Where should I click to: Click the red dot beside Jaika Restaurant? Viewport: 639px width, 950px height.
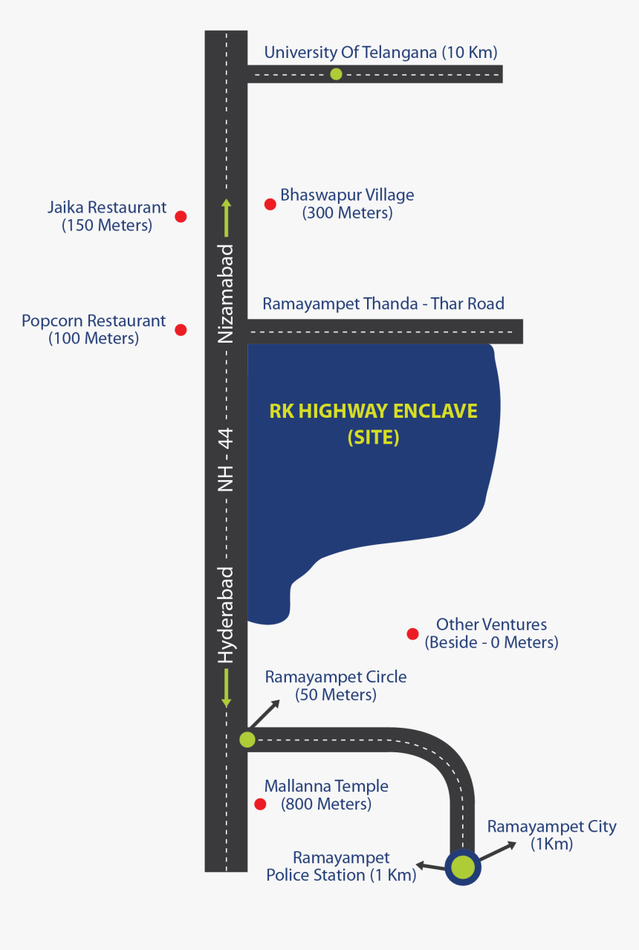click(x=181, y=216)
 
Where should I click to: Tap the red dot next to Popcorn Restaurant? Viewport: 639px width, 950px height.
click(x=181, y=329)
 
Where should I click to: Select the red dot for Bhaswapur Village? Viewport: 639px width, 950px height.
click(x=270, y=204)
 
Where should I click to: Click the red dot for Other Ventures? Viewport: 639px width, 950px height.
click(x=412, y=633)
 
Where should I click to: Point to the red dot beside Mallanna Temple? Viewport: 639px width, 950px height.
click(x=260, y=804)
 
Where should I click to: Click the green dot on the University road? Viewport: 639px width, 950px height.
click(x=336, y=74)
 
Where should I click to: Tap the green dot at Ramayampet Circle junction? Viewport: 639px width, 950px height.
click(x=247, y=740)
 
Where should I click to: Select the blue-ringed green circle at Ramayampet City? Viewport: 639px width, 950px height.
click(x=463, y=867)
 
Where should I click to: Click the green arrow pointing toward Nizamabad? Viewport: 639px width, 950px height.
click(x=227, y=218)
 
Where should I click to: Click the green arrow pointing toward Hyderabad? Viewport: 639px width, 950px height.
click(x=227, y=688)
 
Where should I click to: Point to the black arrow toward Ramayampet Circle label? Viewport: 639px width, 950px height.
click(x=265, y=714)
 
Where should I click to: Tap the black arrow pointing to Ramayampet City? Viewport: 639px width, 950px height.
click(x=498, y=851)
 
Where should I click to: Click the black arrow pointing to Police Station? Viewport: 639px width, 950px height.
click(x=430, y=866)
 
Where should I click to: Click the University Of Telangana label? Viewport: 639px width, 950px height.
click(x=380, y=53)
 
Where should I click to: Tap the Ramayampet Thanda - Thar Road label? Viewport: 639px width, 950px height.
click(x=383, y=304)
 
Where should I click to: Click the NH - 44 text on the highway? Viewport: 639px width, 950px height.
click(x=226, y=459)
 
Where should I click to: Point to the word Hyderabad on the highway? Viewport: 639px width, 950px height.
click(x=226, y=615)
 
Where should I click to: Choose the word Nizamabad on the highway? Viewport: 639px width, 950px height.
click(x=226, y=294)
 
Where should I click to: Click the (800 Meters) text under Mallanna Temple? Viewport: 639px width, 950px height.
click(x=326, y=804)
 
